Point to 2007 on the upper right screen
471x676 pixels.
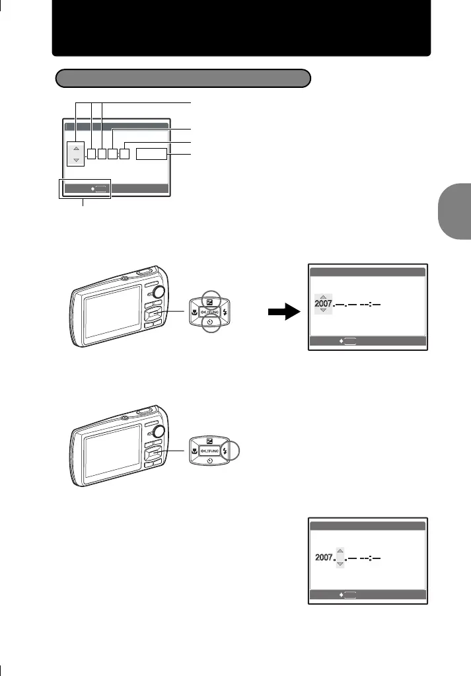pos(323,304)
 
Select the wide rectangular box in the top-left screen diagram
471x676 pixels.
pos(151,155)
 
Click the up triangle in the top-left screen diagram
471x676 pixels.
pos(76,148)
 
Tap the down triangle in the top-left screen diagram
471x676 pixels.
pos(76,160)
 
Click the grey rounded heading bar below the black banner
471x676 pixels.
pos(182,79)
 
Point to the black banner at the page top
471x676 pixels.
pos(241,28)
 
